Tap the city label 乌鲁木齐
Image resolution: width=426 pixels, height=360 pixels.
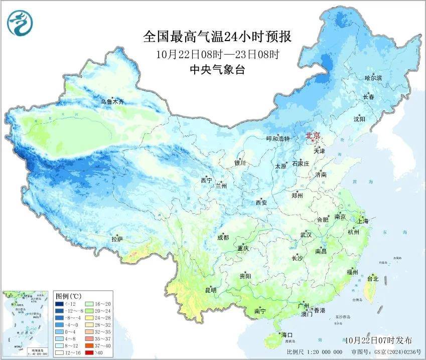tap(111, 102)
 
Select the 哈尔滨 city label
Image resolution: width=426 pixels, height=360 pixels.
tap(373, 78)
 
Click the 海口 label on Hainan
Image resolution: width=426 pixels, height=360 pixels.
tap(288, 335)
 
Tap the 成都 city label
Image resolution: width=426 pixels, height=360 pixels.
tap(223, 238)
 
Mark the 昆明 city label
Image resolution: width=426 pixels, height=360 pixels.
tap(210, 290)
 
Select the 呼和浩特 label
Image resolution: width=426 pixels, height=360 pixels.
tap(278, 139)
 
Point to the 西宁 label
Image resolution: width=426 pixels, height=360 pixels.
tap(207, 180)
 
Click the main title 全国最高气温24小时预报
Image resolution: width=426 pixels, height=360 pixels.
tap(217, 37)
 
